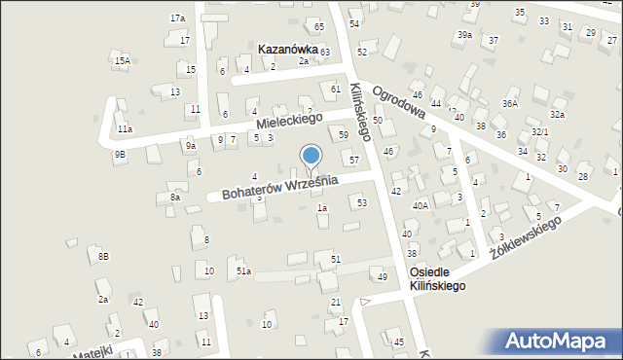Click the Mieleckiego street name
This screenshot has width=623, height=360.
[x=289, y=122]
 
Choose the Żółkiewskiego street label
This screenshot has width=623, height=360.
[x=526, y=237]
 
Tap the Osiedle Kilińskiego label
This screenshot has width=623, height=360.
[x=437, y=279]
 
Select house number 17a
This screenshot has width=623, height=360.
[x=177, y=18]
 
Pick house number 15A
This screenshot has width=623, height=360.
[x=122, y=61]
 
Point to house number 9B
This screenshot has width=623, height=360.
[x=119, y=154]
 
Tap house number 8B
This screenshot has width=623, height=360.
[x=103, y=256]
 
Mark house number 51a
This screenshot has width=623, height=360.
[x=243, y=270]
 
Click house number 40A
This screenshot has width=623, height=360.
[x=420, y=205]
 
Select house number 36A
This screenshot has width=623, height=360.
[x=509, y=103]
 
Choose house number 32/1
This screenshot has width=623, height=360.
[x=539, y=132]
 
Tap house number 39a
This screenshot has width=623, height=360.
[x=464, y=35]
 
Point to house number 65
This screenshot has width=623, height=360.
[x=319, y=25]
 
